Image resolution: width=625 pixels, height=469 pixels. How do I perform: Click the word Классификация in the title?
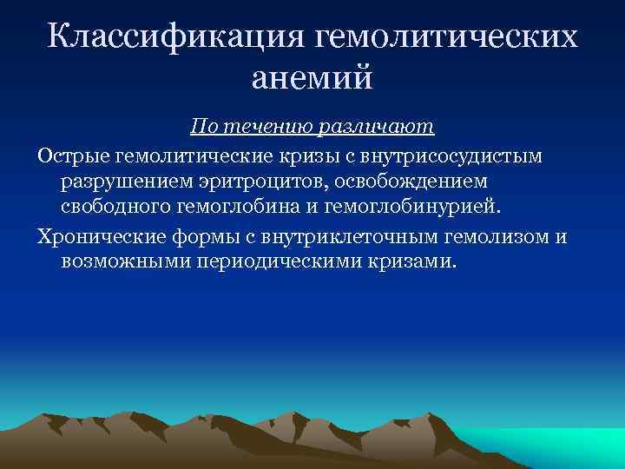pos(177,37)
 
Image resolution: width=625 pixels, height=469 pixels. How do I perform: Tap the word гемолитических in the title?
pos(446,37)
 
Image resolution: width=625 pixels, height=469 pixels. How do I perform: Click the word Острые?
pos(69,155)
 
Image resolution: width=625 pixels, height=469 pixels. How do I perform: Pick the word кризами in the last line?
pos(413,261)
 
